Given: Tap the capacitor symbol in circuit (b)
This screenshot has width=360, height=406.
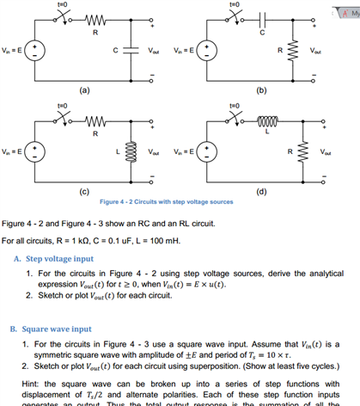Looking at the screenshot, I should point(263,21).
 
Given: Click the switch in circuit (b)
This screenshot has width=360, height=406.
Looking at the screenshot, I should point(234,20).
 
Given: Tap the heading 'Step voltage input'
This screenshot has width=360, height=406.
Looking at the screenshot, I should point(60,258).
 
